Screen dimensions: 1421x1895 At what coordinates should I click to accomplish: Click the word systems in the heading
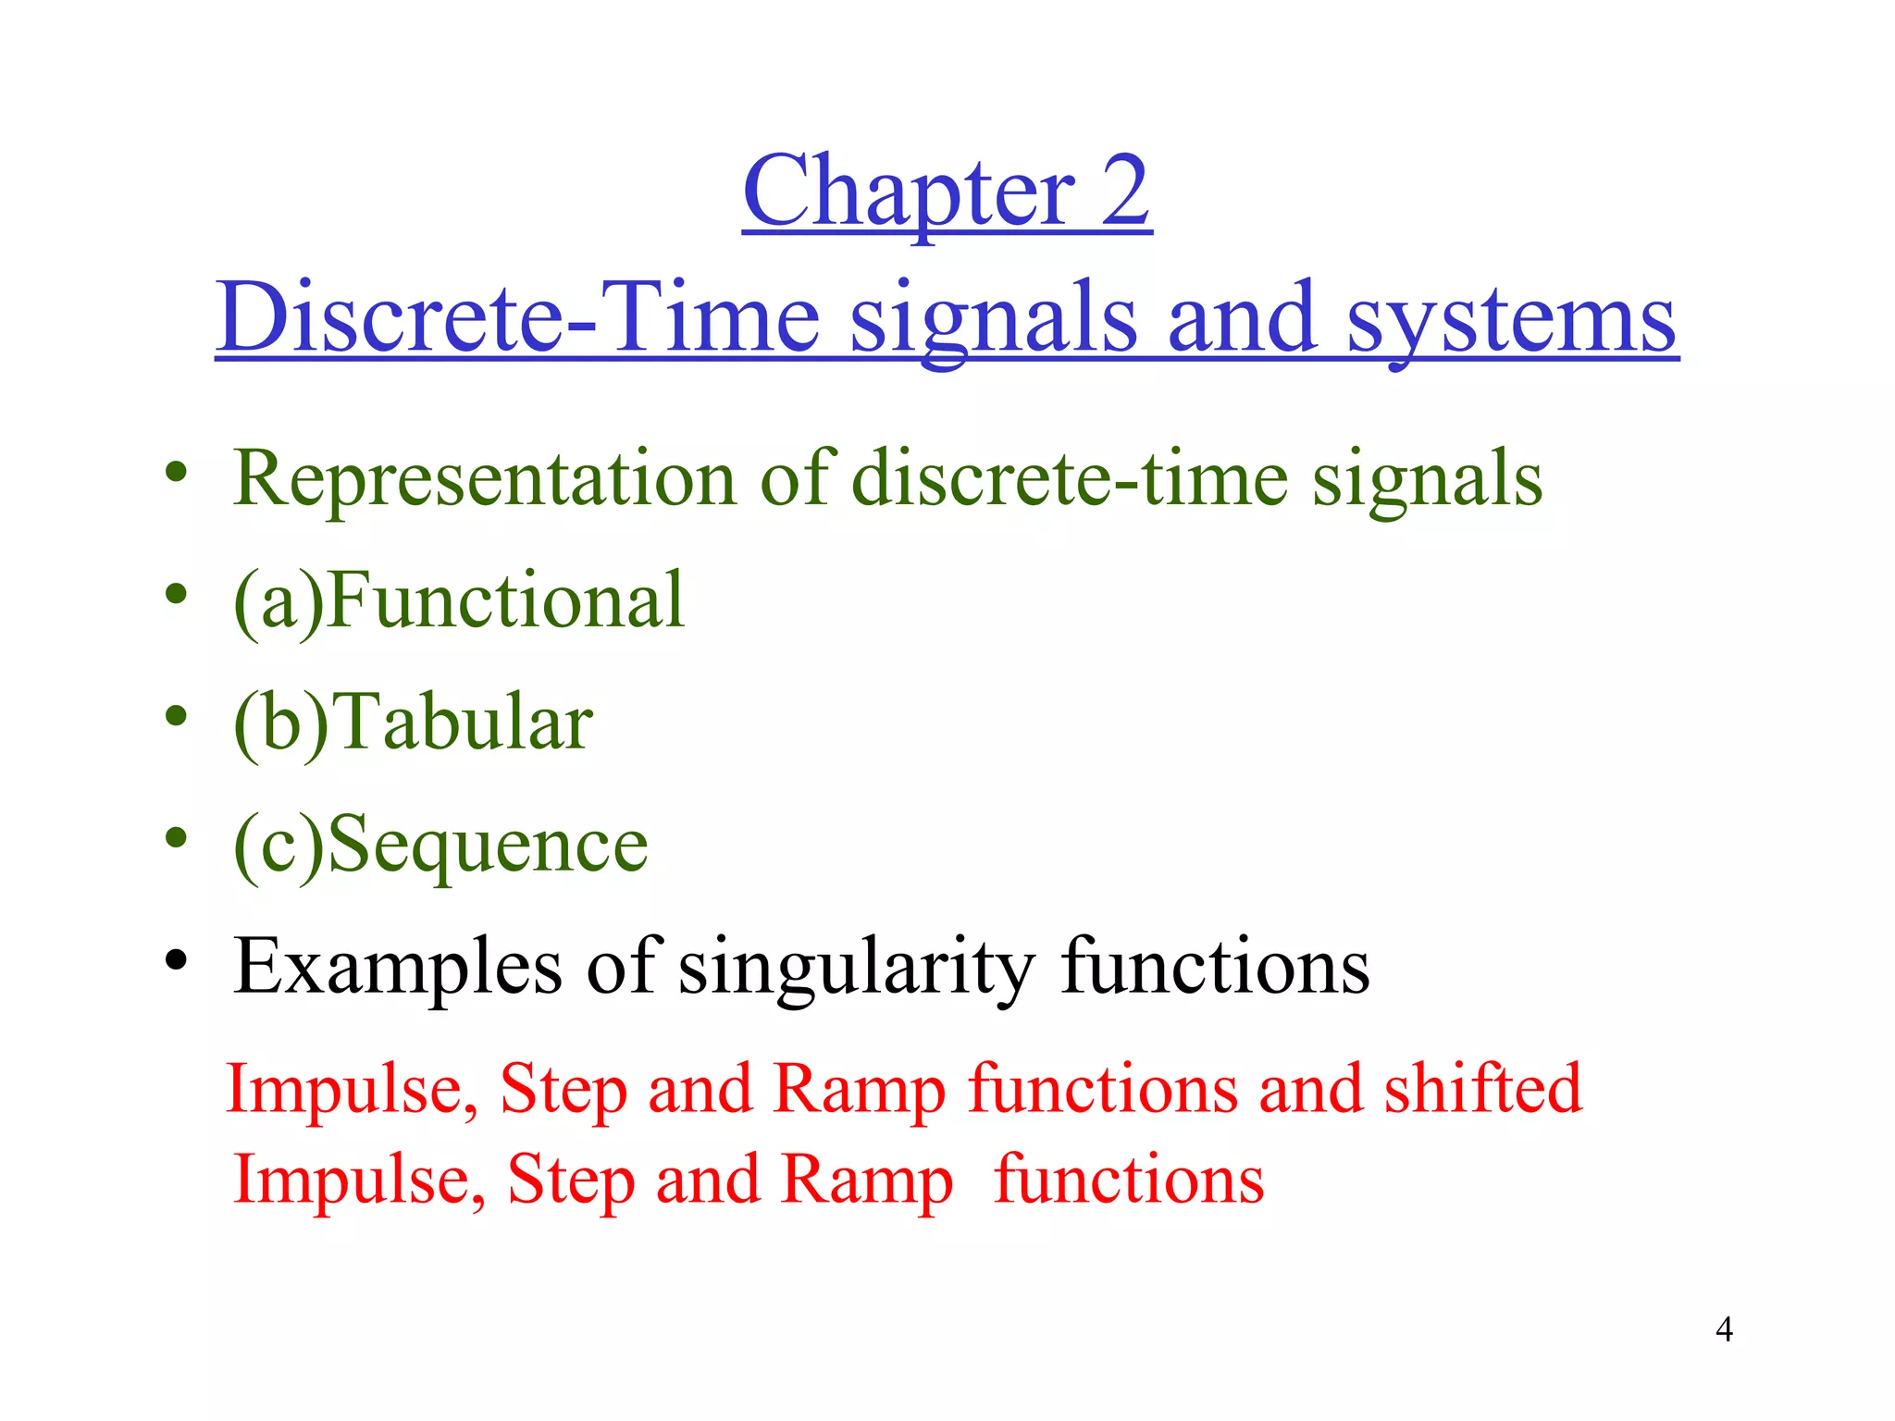tap(1512, 319)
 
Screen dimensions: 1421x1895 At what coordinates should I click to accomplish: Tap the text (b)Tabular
tap(413, 723)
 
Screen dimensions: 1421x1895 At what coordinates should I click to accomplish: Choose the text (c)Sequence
tap(440, 845)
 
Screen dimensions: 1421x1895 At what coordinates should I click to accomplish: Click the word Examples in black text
tap(398, 968)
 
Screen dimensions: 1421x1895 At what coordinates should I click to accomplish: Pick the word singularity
tap(857, 968)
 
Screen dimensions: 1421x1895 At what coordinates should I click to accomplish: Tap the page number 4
tap(1724, 1329)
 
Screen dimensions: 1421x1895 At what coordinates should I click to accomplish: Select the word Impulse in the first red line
tap(352, 1090)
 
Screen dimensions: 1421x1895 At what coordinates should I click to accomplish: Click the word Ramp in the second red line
tap(866, 1180)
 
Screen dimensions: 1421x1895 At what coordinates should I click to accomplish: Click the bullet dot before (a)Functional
tap(176, 594)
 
